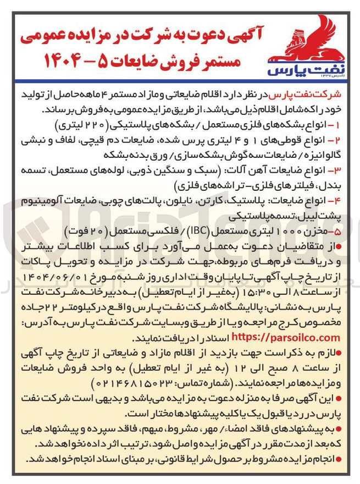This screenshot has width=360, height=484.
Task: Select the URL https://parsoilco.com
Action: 286,337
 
